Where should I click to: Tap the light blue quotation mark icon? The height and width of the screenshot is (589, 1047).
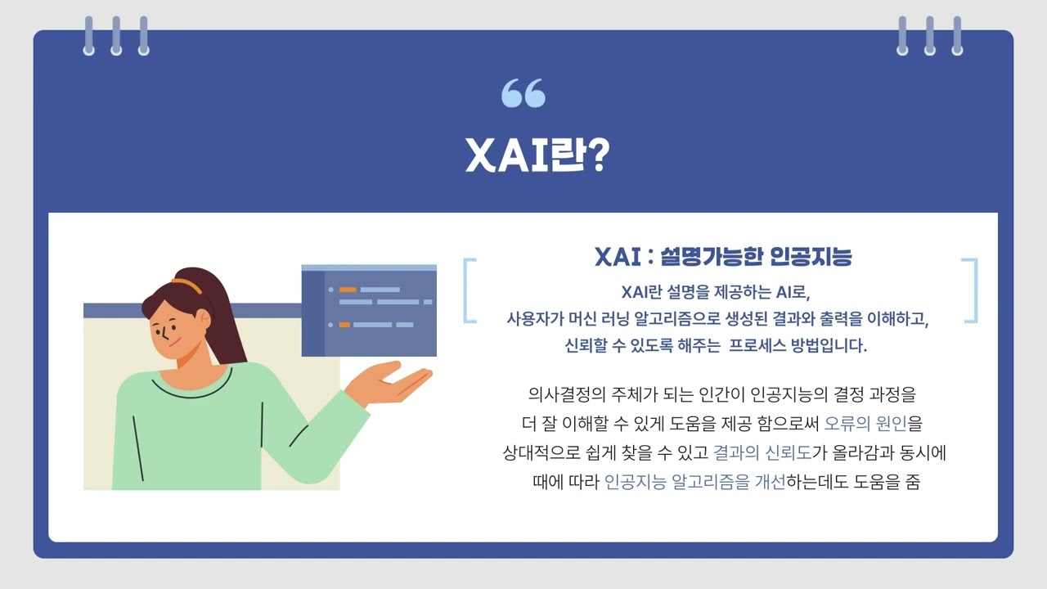(x=523, y=93)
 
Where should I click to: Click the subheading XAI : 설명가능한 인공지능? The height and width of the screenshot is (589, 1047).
(x=723, y=257)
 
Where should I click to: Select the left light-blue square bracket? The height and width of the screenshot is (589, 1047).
(x=469, y=290)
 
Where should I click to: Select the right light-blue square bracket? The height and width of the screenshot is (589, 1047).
(x=971, y=290)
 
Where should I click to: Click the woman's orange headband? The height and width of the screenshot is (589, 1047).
(x=186, y=286)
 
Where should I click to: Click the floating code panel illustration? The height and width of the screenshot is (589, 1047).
(x=369, y=311)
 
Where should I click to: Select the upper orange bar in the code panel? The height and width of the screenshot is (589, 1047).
(x=348, y=290)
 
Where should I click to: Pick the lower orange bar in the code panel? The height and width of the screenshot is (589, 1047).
(x=344, y=325)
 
